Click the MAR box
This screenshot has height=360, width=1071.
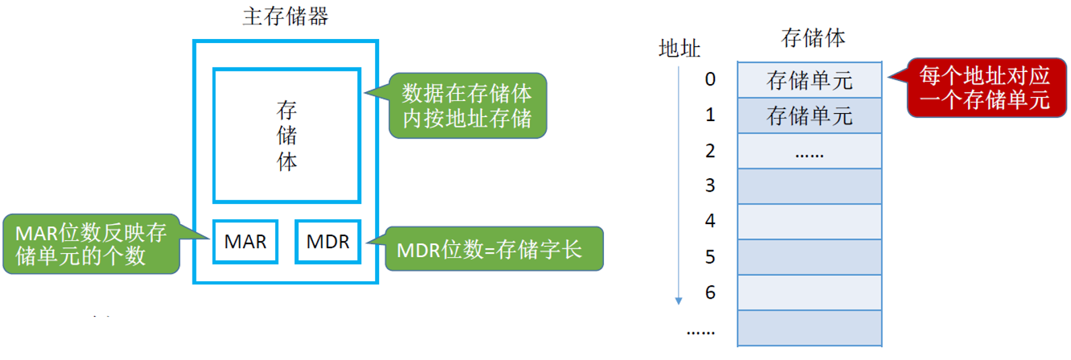click(245, 242)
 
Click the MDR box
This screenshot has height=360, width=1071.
click(328, 242)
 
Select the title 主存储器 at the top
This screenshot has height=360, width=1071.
click(285, 16)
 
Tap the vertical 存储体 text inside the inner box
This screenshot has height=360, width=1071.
click(287, 135)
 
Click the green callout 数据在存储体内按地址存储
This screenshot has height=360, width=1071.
click(467, 106)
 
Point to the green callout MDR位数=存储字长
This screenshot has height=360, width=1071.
click(493, 249)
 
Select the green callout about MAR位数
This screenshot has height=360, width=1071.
click(91, 244)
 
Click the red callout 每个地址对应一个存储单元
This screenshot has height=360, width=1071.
click(986, 87)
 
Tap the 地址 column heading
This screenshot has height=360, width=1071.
click(679, 48)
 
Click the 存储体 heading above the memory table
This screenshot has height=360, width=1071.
click(813, 38)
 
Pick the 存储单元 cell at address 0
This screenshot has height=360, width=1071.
click(809, 80)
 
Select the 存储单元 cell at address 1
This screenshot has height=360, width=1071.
click(809, 116)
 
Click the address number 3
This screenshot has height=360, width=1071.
click(710, 186)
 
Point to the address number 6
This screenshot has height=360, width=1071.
click(710, 293)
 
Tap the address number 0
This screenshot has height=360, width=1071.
click(710, 79)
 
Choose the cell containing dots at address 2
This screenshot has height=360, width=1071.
click(809, 151)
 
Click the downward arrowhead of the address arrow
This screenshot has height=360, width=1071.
click(679, 301)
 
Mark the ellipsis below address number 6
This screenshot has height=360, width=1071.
click(701, 332)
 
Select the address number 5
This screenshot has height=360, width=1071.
click(710, 257)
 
